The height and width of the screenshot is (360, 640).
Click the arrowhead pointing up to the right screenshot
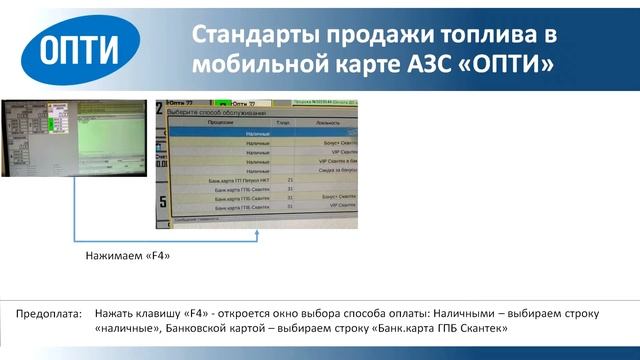pos(258,233)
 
